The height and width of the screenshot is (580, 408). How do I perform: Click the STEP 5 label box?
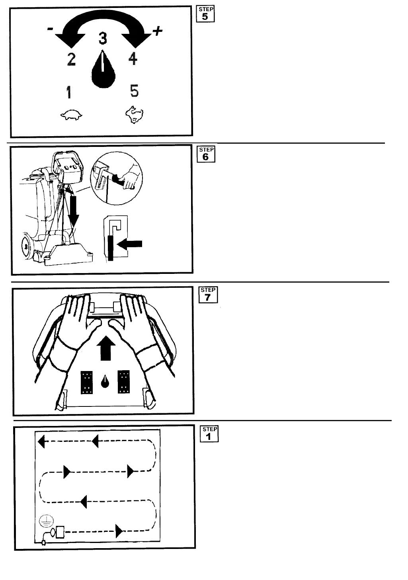[205, 14]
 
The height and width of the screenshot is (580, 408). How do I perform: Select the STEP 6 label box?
[206, 154]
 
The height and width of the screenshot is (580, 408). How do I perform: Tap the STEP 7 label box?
[208, 295]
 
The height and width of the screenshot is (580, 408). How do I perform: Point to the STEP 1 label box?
[210, 434]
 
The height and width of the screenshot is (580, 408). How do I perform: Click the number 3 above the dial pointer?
[103, 39]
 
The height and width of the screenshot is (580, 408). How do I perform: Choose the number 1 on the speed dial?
[69, 93]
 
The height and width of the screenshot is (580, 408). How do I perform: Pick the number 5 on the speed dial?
[134, 91]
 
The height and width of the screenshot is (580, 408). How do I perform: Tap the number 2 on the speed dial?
[71, 60]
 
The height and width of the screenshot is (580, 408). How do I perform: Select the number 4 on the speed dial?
[133, 59]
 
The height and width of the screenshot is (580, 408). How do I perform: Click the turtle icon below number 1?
[71, 115]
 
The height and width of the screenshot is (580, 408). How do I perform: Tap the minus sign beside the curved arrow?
[50, 29]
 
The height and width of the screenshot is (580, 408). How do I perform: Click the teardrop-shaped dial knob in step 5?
[103, 70]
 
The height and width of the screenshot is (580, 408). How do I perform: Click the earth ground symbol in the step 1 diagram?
[45, 521]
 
